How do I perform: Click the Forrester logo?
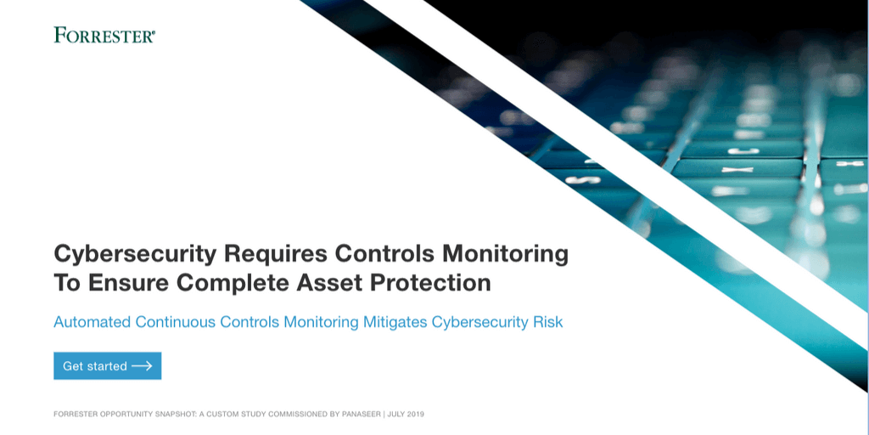(104, 35)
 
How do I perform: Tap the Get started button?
(108, 365)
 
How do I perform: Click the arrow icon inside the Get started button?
(142, 365)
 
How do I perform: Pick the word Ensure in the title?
(129, 283)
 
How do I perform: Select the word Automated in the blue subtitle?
(92, 322)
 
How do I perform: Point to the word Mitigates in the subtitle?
(395, 322)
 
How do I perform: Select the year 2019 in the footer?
(415, 414)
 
